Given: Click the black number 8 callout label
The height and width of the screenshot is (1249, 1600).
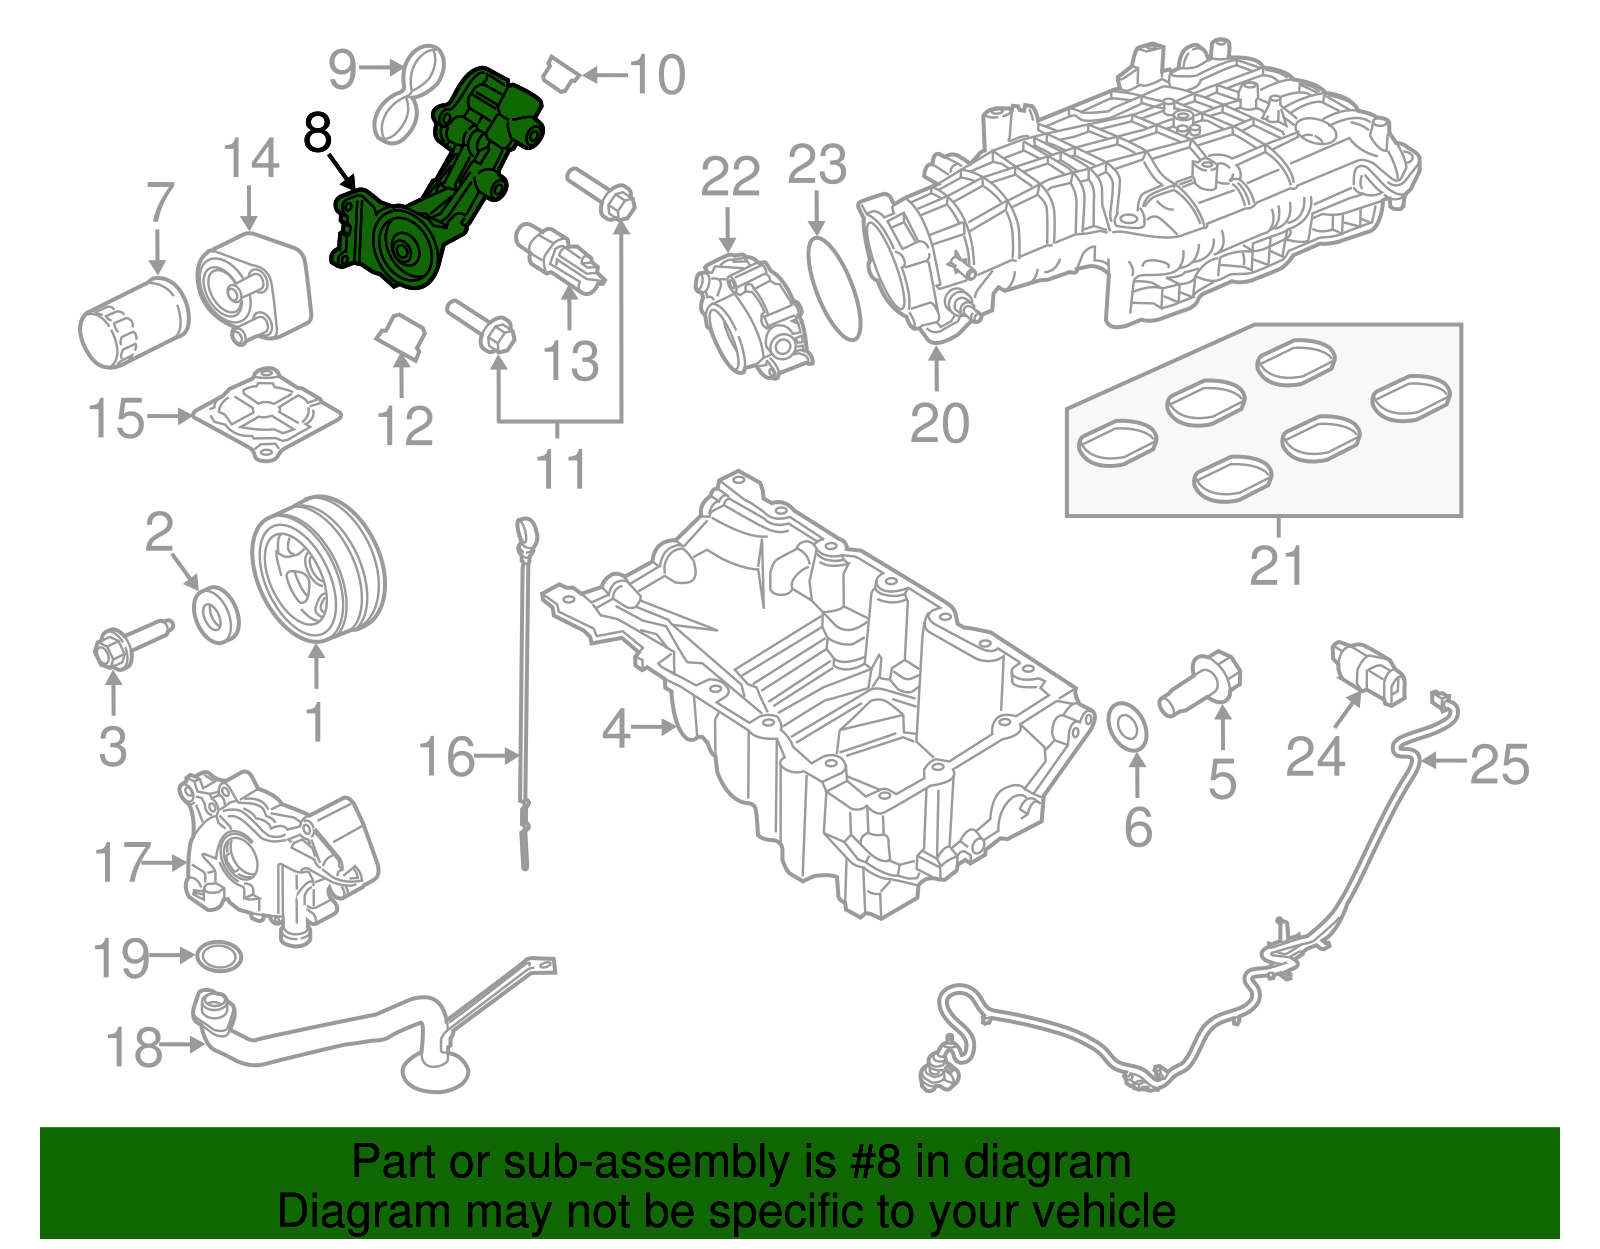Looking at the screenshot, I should click(317, 133).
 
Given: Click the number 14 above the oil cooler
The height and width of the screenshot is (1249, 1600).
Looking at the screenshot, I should click(250, 160).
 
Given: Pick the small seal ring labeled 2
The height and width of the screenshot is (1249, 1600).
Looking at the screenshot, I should click(216, 616).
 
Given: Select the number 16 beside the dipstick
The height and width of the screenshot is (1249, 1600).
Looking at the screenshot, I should click(446, 757).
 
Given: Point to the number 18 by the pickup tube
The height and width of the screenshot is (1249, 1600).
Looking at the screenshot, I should click(134, 1047).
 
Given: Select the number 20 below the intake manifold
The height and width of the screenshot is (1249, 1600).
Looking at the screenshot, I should click(939, 423).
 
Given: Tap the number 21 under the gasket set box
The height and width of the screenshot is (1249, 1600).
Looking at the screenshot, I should click(1277, 566).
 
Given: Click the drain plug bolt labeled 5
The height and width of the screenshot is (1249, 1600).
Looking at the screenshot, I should click(1200, 685).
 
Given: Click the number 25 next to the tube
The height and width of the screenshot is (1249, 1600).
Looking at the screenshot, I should click(1499, 764).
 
